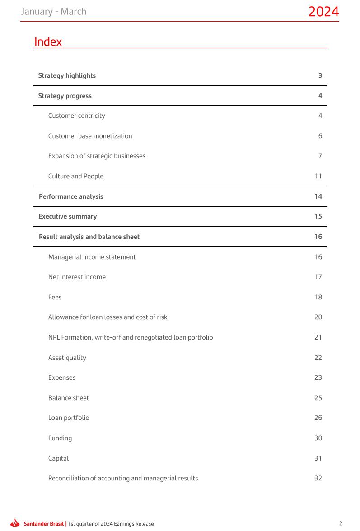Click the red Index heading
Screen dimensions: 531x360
click(x=48, y=42)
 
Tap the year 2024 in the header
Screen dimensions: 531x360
click(x=323, y=12)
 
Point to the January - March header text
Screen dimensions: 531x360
click(x=53, y=12)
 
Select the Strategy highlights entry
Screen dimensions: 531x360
click(x=67, y=75)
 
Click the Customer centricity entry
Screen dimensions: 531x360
click(x=76, y=116)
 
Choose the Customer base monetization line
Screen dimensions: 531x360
click(x=90, y=136)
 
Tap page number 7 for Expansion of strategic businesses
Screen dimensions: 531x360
click(x=320, y=156)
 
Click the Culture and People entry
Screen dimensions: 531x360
click(x=75, y=176)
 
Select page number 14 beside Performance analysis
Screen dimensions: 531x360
click(x=318, y=196)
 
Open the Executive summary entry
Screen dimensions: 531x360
click(x=67, y=216)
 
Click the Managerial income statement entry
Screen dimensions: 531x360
click(x=92, y=257)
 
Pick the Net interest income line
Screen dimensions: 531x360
click(x=77, y=277)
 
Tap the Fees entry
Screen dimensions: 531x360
click(x=55, y=297)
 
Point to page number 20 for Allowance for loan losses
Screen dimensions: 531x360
click(x=318, y=317)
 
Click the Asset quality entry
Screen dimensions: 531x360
click(x=67, y=358)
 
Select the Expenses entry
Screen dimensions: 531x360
click(x=62, y=377)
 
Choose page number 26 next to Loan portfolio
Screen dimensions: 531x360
click(x=318, y=418)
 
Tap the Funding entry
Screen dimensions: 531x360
click(x=60, y=438)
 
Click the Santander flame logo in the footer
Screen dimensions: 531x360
click(x=15, y=523)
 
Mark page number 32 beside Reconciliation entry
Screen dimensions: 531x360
click(x=318, y=478)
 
